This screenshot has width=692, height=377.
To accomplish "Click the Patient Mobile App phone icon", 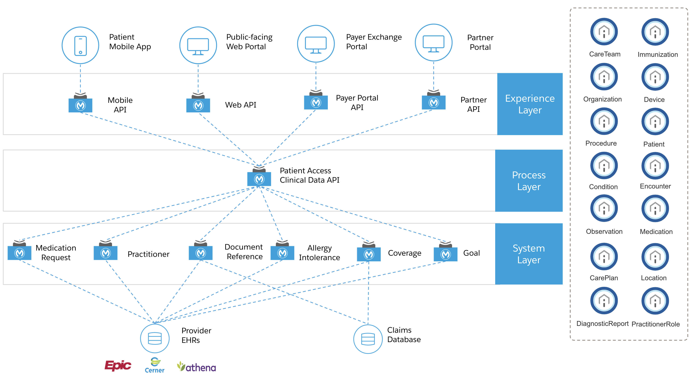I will [x=80, y=45].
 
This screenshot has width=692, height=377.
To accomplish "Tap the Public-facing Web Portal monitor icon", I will [x=198, y=45].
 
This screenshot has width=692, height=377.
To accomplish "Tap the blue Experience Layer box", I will [x=530, y=104].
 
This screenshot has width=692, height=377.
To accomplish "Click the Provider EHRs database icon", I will [x=155, y=338].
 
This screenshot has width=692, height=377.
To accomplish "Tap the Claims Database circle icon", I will [x=368, y=339].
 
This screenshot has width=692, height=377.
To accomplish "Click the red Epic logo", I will [x=118, y=365].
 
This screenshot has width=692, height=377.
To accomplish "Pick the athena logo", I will [x=197, y=367].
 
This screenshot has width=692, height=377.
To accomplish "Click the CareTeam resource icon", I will [x=604, y=32].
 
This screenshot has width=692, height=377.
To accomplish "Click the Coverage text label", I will [x=404, y=253].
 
